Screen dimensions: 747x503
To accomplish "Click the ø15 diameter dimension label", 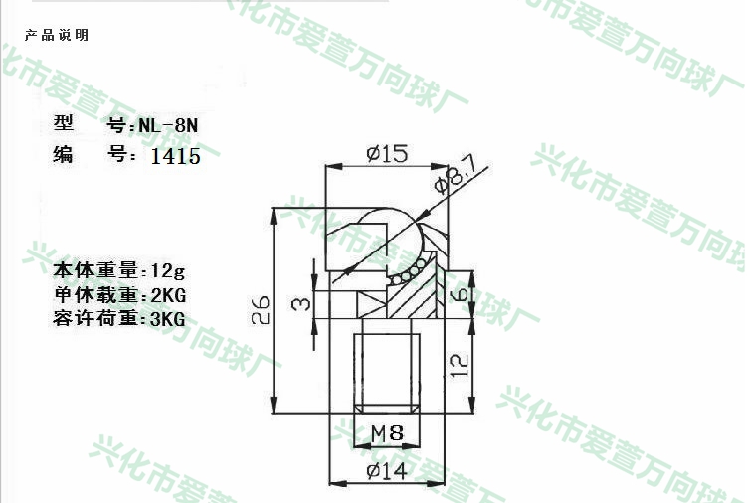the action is [x=387, y=154].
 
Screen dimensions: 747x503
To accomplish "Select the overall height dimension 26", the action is [x=261, y=310].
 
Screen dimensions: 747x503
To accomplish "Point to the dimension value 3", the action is [x=301, y=303].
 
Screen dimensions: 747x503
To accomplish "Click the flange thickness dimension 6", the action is [x=460, y=294].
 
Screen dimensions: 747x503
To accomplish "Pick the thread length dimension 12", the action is [x=460, y=366].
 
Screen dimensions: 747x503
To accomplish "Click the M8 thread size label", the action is [x=387, y=433].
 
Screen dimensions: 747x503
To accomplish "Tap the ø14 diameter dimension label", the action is [x=387, y=471].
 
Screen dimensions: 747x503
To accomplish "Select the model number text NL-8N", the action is [x=168, y=125].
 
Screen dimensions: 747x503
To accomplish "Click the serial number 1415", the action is [x=176, y=156].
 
